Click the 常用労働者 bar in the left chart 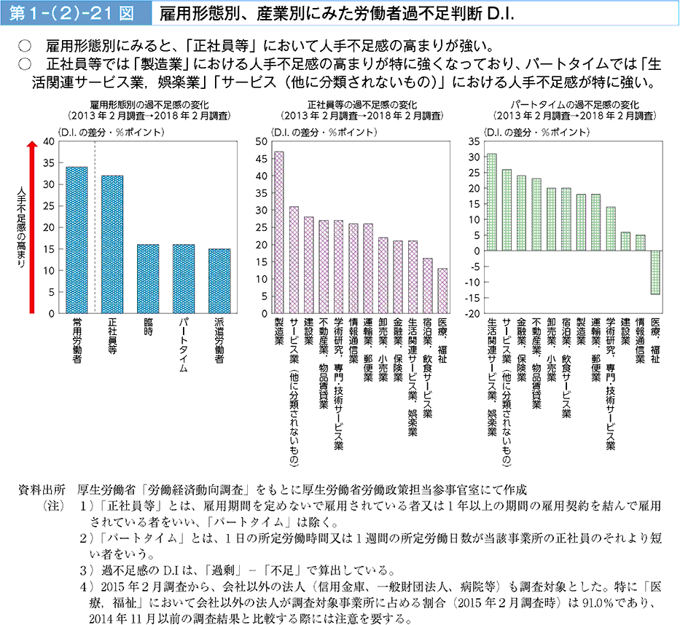tap(77, 240)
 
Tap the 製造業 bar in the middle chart tap(279, 232)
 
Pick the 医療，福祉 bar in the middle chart tap(442, 291)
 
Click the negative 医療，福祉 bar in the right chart tap(655, 272)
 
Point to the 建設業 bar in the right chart tap(625, 241)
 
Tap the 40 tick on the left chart tap(49, 141)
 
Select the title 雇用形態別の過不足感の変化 tap(146, 104)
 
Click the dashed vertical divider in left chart tap(95, 226)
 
